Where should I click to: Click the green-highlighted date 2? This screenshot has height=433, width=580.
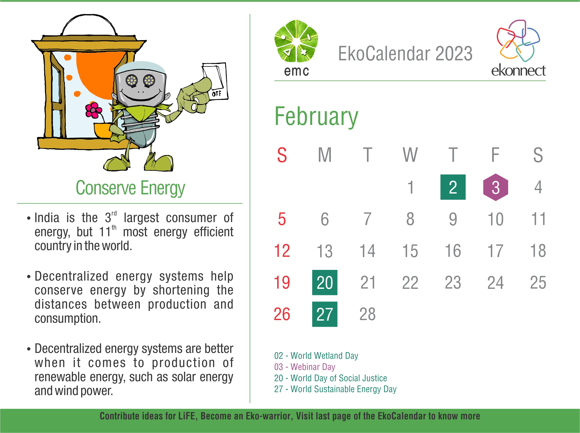coord(453,187)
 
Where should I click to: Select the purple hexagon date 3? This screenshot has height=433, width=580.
coord(496,187)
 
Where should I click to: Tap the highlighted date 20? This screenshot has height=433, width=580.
coord(325,282)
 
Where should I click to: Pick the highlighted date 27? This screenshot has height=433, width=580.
coord(325,314)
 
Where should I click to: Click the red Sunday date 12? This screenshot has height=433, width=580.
coord(282,251)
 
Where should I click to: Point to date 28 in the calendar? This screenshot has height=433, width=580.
coord(367,314)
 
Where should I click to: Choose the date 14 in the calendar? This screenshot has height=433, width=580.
coord(367,251)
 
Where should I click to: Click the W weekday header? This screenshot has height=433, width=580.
coord(410,155)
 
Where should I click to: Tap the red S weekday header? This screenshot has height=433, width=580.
coord(282,155)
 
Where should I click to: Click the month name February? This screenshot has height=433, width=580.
coord(316,117)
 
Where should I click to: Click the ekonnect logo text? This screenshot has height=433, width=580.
coord(518,70)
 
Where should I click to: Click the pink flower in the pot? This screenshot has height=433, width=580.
coord(93,110)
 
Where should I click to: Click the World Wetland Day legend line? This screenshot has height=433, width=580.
coord(316,356)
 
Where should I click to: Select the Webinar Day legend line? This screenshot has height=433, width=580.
coord(305,367)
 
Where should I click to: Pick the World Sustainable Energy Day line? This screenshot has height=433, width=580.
coord(335,389)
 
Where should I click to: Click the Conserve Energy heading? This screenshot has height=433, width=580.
coord(130,188)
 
